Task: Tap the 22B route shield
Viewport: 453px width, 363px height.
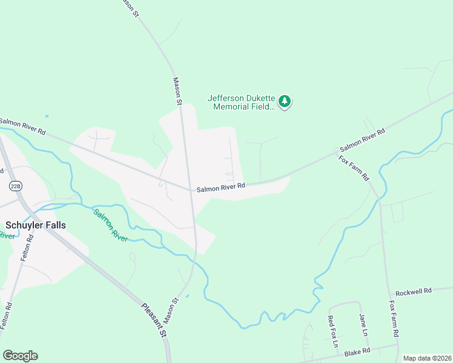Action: pyautogui.click(x=16, y=186)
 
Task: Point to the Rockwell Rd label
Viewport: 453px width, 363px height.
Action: pyautogui.click(x=413, y=290)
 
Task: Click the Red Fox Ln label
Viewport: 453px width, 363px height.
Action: pyautogui.click(x=332, y=331)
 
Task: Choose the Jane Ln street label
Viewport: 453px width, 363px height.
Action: pyautogui.click(x=363, y=325)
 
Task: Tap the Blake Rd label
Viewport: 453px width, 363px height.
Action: pyautogui.click(x=357, y=352)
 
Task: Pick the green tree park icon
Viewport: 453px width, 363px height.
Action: pyautogui.click(x=285, y=102)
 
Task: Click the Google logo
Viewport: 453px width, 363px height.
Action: pyautogui.click(x=20, y=356)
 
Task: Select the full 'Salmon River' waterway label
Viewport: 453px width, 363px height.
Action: pyautogui.click(x=110, y=225)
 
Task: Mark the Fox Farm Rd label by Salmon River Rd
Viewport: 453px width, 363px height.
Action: pyautogui.click(x=354, y=168)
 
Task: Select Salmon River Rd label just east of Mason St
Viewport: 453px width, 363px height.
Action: pyautogui.click(x=221, y=187)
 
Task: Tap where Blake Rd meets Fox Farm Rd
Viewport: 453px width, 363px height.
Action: pyautogui.click(x=397, y=346)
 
